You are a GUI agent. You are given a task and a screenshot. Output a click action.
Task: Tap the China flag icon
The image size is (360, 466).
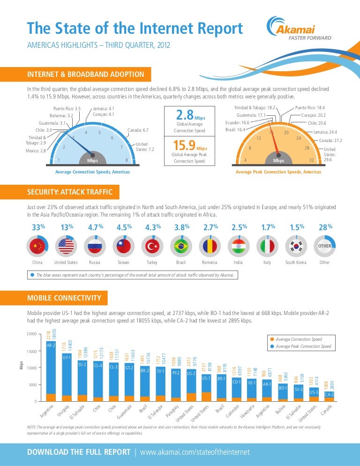37,246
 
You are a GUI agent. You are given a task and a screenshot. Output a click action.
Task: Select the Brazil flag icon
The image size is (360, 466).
181,246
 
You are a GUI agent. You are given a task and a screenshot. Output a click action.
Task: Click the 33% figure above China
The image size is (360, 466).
37,228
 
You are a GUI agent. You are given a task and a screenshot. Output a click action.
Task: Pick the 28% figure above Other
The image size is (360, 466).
325,228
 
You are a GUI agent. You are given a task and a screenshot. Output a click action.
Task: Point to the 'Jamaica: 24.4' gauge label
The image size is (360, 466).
326,132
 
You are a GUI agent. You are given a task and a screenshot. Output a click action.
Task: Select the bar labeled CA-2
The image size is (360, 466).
330,397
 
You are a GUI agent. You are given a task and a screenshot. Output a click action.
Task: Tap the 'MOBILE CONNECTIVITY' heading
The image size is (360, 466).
65,298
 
